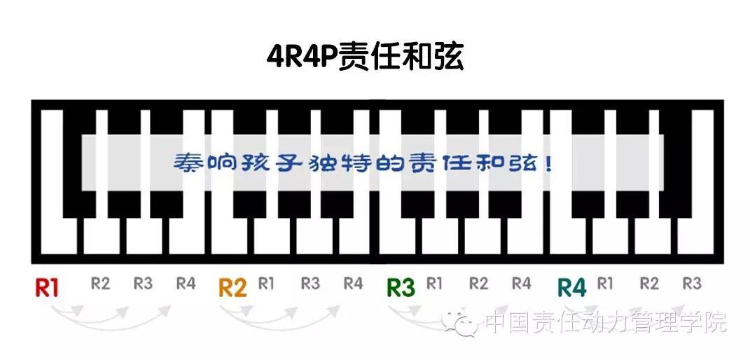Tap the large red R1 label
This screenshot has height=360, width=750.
pos(47,288)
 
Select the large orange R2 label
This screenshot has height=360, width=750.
pos(232,288)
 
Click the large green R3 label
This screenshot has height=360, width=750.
pos(401,288)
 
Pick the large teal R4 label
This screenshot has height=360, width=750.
pos(571,288)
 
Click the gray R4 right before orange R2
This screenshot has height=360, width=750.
pos(186,284)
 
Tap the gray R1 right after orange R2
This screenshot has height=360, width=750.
pos(266,284)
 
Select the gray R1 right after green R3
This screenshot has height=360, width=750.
pos(434,284)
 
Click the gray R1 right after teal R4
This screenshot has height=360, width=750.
pos(605,284)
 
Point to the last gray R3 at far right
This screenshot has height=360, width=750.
pos(691,284)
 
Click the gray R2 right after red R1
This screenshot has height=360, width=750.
pos(101,284)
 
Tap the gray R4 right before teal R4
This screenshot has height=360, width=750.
pos(521,284)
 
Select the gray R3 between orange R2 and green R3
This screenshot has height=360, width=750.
pos(310,284)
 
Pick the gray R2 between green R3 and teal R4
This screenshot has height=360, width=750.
pos(478,284)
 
